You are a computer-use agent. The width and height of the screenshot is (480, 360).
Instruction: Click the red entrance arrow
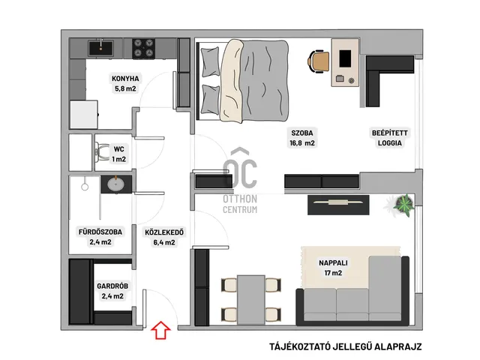[x=160, y=330]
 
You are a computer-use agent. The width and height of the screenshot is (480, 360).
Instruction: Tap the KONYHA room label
[x=125, y=79]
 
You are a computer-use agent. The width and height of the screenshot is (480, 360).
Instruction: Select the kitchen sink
[x=100, y=48]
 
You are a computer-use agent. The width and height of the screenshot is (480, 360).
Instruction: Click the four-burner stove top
[x=143, y=48]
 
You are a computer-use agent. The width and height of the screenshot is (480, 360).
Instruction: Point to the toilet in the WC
[x=102, y=152]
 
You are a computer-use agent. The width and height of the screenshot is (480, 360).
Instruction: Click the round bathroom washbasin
[x=116, y=184]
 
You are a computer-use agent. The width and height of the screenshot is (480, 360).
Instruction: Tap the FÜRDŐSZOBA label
[x=100, y=232]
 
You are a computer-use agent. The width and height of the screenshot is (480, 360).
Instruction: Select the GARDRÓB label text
[x=112, y=286]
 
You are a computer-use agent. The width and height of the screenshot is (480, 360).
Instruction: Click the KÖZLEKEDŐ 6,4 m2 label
[x=164, y=237]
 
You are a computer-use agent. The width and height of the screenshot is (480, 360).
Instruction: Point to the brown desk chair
[x=319, y=61]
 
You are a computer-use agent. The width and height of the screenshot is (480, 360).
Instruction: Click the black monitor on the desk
[x=345, y=58]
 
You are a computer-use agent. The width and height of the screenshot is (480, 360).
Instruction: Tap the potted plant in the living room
[x=403, y=204]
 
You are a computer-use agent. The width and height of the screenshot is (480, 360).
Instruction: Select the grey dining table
[x=251, y=300]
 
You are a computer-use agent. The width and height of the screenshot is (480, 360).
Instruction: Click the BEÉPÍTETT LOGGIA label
[x=390, y=138]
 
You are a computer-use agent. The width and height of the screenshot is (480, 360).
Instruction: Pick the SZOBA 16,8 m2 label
[x=302, y=138]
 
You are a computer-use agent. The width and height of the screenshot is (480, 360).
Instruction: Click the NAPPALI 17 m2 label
[x=333, y=268]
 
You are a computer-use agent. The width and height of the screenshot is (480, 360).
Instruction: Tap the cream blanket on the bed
[x=231, y=80]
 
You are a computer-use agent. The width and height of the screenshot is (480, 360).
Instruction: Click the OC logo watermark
[x=240, y=168]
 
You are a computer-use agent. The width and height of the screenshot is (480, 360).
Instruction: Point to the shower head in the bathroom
[x=85, y=187]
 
